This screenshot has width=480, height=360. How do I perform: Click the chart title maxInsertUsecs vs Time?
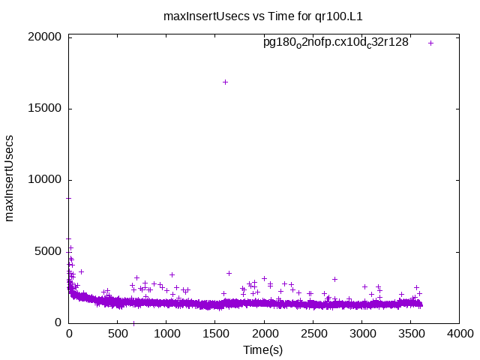click(x=247, y=16)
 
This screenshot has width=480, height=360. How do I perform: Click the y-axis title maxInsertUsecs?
click(x=10, y=178)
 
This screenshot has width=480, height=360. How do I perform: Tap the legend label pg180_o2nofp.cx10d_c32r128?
click(x=335, y=43)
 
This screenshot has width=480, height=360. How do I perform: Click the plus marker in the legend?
click(x=430, y=43)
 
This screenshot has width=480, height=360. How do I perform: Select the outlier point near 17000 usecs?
click(x=225, y=82)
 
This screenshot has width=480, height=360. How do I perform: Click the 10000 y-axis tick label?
click(x=46, y=180)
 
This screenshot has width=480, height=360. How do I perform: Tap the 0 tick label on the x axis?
click(x=69, y=334)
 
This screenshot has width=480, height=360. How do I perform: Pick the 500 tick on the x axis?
click(x=118, y=334)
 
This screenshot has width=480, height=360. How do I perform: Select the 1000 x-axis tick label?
click(x=166, y=334)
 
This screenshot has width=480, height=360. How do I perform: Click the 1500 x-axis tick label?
click(x=215, y=334)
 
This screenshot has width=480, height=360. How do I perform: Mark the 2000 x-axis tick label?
click(x=264, y=334)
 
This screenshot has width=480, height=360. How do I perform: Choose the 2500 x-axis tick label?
click(x=313, y=334)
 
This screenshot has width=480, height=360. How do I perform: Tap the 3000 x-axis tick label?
click(x=361, y=334)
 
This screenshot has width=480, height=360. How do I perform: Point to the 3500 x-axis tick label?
click(x=410, y=334)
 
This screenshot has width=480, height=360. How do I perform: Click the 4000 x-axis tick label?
click(x=459, y=334)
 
